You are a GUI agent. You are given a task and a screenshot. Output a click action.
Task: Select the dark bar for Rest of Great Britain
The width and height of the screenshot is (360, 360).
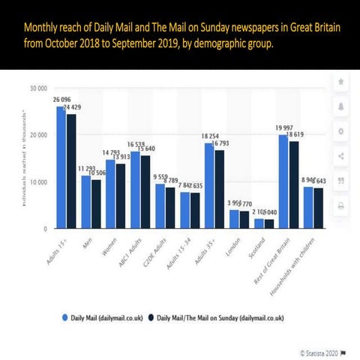[x=293, y=184]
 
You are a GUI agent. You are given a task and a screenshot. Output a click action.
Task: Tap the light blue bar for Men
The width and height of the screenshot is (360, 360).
[x=86, y=202]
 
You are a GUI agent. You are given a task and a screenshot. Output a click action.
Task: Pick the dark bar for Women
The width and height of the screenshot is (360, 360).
[x=121, y=196]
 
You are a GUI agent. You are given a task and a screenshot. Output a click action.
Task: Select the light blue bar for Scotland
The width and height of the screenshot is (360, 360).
[x=259, y=223]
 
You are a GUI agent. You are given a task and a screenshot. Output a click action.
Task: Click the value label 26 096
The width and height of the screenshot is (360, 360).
[x=61, y=100]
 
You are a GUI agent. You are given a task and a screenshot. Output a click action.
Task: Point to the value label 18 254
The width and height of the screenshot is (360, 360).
[x=209, y=136]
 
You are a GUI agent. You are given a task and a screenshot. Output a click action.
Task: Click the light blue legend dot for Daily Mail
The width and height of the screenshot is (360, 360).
[x=64, y=319]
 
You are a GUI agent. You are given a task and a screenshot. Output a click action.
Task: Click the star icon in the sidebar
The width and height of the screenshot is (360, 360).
[x=341, y=80]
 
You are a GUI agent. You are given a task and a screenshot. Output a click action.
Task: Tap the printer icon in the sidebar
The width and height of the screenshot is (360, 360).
[x=341, y=205]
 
